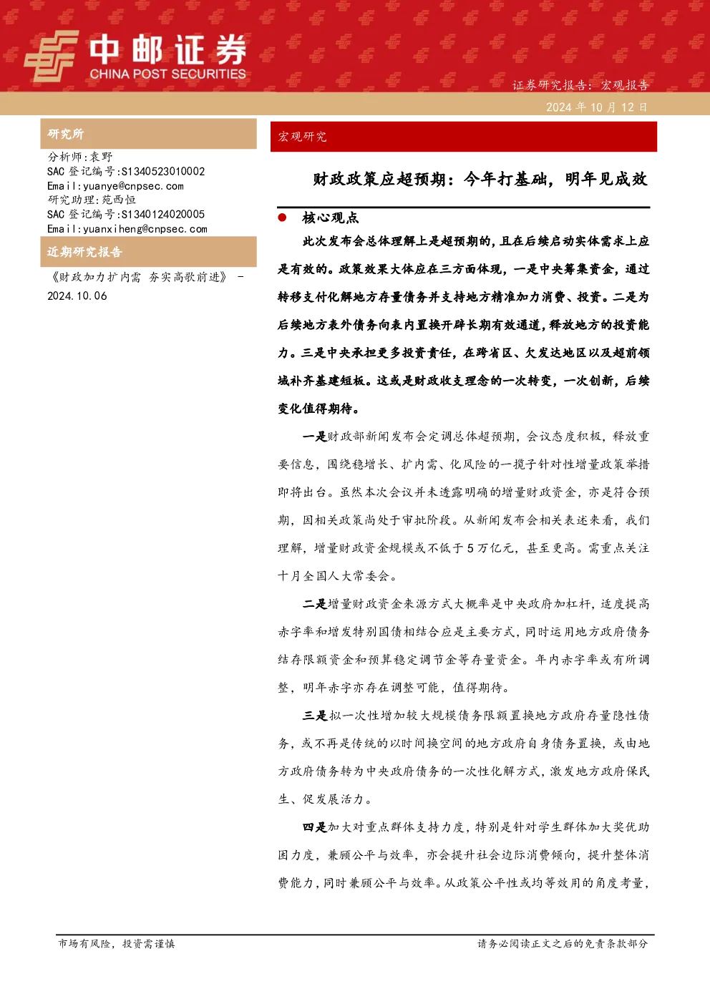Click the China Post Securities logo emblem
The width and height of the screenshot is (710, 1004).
51,56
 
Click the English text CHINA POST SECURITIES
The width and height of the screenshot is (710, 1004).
167,74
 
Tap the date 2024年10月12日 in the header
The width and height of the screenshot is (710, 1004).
597,107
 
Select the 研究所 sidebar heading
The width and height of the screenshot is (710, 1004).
65,134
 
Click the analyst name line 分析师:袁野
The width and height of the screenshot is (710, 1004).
79,157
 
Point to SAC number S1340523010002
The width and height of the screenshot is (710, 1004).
163,171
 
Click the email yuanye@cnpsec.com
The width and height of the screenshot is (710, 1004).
134,186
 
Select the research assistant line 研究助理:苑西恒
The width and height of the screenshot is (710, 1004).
92,200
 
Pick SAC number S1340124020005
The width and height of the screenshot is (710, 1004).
163,214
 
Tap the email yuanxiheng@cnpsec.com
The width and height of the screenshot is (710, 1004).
145,229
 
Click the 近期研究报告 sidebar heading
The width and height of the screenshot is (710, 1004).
84,252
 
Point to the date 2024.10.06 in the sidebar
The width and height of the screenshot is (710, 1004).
77,296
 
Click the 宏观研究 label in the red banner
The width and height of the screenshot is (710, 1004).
302,137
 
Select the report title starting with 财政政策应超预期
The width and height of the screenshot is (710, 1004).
480,180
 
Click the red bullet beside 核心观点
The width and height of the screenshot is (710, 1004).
282,218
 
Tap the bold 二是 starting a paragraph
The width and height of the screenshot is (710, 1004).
315,604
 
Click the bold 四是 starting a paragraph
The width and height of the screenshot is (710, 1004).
315,827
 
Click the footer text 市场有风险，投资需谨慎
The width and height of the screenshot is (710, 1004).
117,944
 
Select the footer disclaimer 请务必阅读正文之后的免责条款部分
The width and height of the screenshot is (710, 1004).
563,944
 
